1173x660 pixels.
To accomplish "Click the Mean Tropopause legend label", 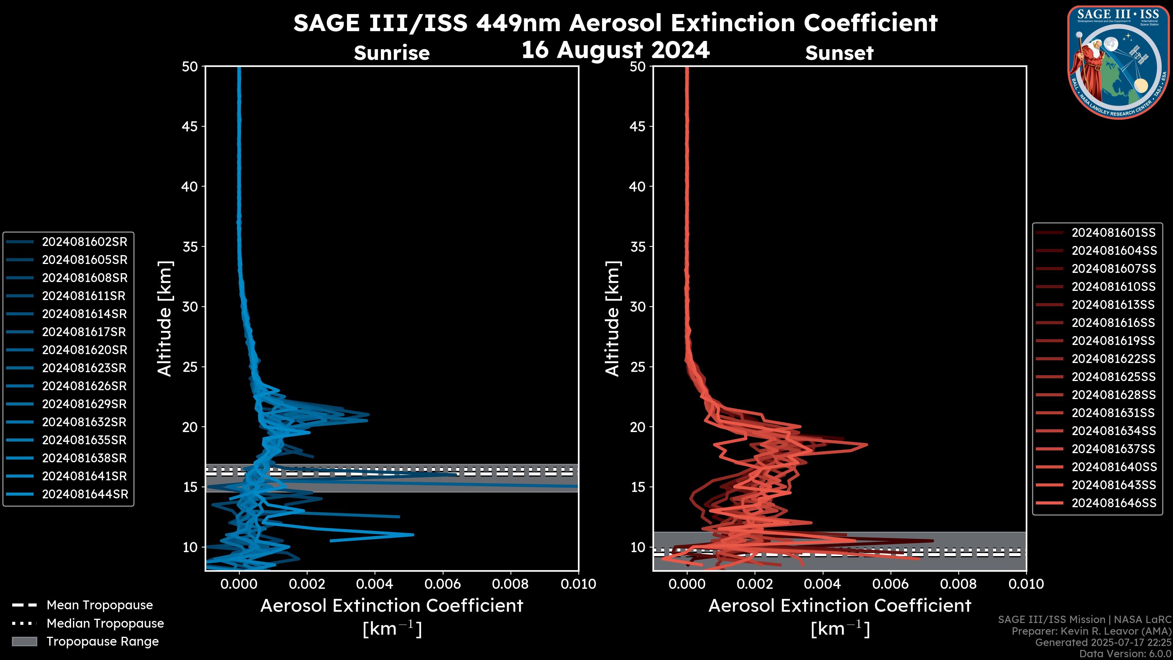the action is click(x=100, y=605).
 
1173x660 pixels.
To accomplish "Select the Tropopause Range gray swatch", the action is click(x=24, y=641).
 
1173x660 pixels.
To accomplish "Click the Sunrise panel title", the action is click(x=392, y=53).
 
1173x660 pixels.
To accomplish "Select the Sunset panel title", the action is click(x=839, y=53).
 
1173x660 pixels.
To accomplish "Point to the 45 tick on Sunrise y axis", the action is click(x=190, y=126).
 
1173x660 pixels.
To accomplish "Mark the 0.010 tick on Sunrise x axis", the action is click(x=578, y=584).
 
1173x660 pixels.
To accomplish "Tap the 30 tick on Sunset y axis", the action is click(x=638, y=306).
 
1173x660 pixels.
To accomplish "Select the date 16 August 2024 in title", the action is click(x=616, y=50).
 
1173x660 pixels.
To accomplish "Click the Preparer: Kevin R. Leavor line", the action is click(x=1091, y=631).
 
